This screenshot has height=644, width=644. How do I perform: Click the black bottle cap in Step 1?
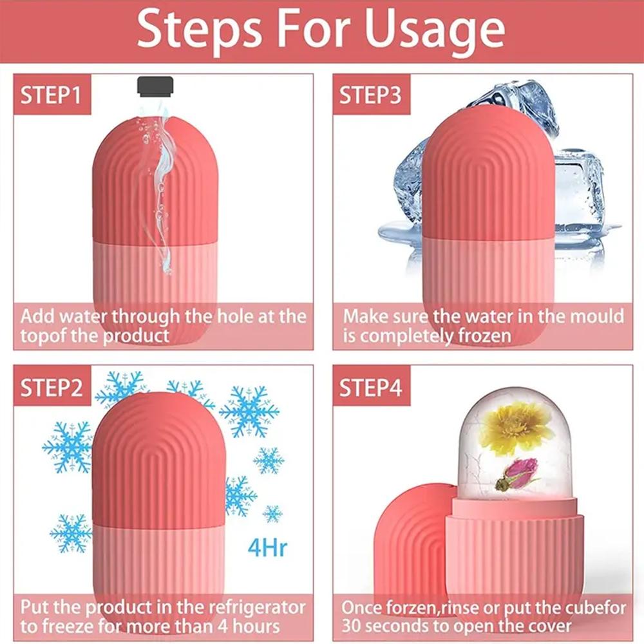(x=155, y=88)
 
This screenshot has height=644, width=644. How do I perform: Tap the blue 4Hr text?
(x=267, y=549)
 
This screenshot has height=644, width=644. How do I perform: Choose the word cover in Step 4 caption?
(x=545, y=626)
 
